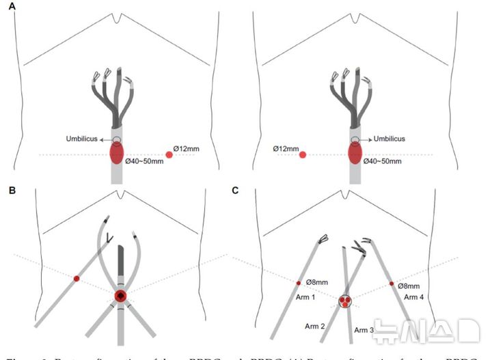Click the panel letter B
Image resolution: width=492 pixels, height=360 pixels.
11,191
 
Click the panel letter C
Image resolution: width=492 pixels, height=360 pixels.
236,191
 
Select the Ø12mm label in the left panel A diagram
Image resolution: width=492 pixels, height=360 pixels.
184,148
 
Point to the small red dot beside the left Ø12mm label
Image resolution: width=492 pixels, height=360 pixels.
169,155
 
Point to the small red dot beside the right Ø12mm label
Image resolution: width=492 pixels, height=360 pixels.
302,155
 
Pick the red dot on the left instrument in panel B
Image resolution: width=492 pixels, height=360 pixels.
77,279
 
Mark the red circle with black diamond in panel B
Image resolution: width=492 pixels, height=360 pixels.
120,296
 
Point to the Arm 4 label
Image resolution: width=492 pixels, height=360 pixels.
414,297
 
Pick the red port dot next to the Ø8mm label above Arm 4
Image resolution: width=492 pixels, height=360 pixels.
392,283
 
